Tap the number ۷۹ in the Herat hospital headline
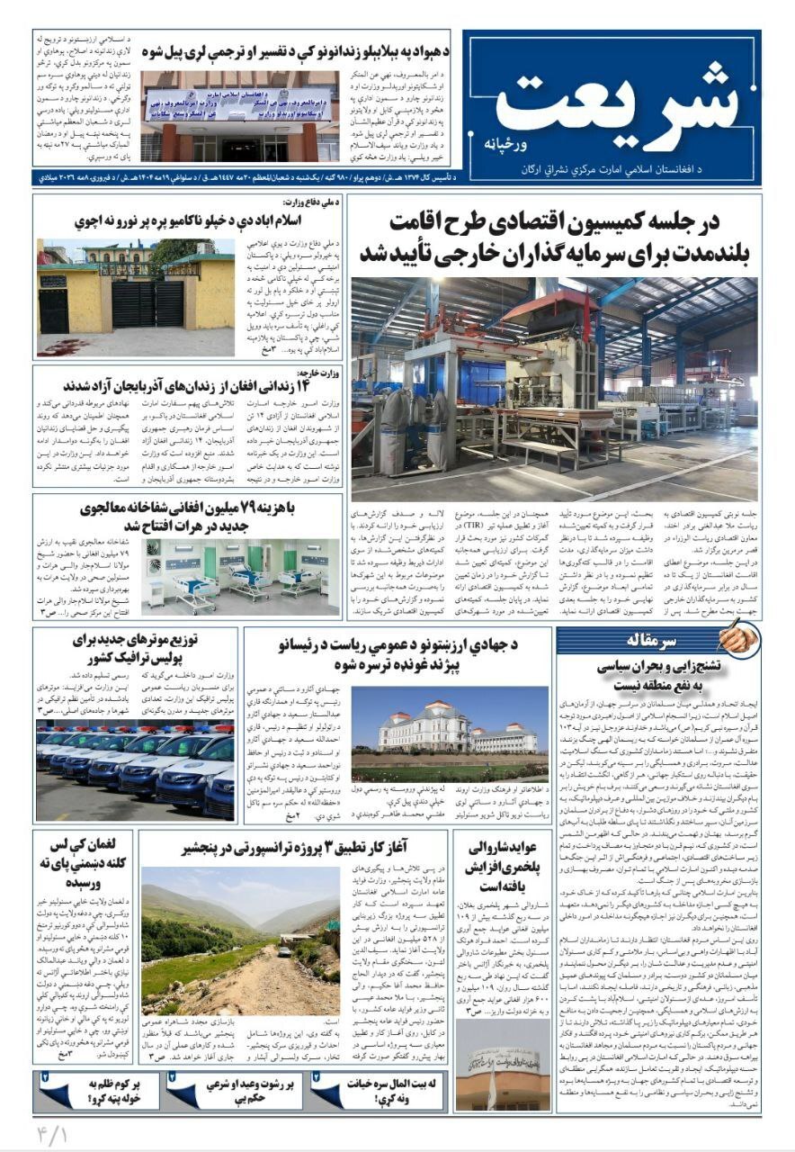245,508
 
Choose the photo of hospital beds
240,575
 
